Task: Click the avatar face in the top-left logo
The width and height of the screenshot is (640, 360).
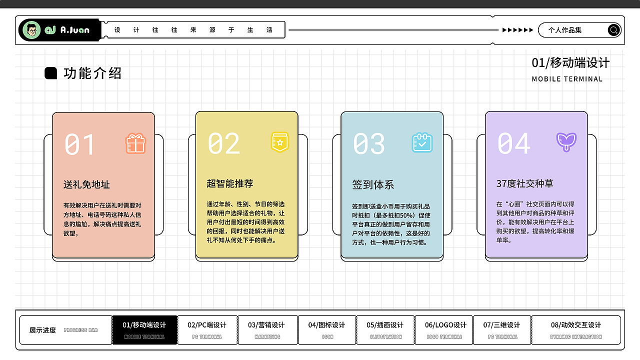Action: [x=32, y=30]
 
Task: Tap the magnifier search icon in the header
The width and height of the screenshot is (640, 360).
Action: [x=613, y=30]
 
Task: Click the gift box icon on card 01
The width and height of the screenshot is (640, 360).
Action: [x=135, y=143]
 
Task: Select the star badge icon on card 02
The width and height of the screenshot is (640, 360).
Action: [x=280, y=142]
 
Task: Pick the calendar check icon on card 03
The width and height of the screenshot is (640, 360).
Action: [x=422, y=142]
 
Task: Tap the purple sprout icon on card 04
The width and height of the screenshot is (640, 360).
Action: [x=566, y=142]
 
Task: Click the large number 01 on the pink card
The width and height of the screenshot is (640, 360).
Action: [x=79, y=145]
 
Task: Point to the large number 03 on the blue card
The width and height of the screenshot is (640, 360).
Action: [x=369, y=144]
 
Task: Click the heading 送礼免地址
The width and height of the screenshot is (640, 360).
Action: [x=86, y=184]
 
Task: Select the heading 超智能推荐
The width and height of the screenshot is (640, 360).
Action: [x=230, y=183]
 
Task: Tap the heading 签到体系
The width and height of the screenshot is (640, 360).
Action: [x=373, y=184]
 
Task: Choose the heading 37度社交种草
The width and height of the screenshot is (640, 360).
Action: [x=524, y=183]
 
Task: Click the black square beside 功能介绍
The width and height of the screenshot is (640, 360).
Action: [x=50, y=73]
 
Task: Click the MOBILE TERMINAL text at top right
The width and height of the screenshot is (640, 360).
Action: [x=567, y=79]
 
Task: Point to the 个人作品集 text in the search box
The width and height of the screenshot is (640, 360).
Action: [x=565, y=30]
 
